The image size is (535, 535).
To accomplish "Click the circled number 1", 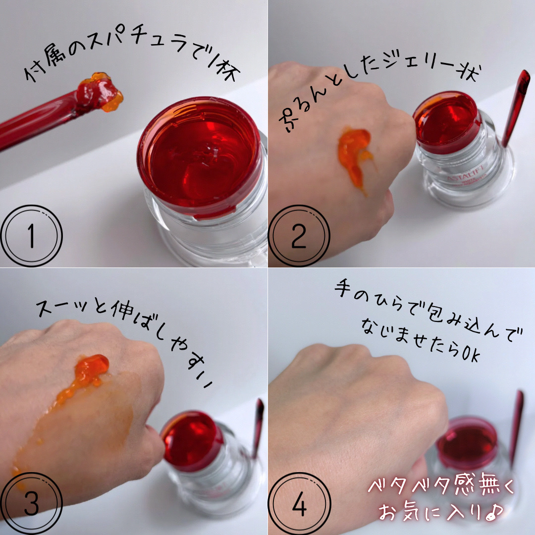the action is [31, 236].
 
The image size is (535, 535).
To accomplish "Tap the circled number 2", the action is [299, 236].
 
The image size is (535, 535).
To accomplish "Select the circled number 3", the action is [31, 503].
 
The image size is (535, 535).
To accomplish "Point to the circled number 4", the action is [299, 503].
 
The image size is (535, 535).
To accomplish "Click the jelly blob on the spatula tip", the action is [99, 92].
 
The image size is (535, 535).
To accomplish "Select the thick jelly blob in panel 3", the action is [92, 369].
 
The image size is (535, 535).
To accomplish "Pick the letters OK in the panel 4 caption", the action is [472, 354].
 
